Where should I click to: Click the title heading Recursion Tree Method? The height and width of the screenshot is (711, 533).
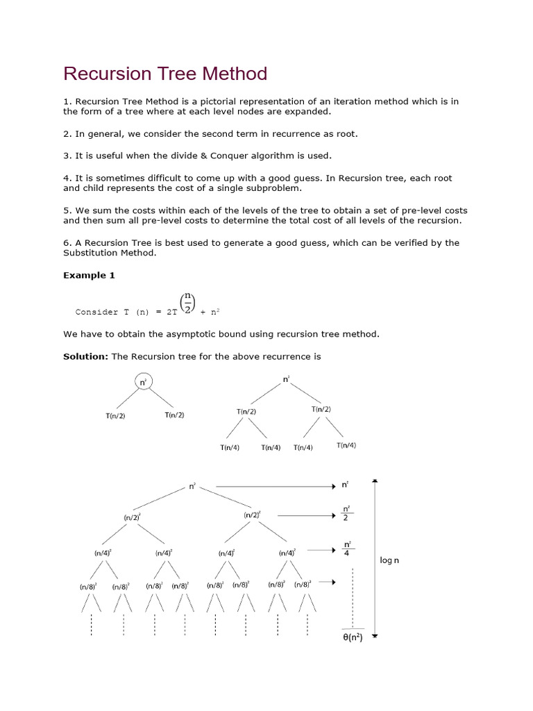[x=165, y=74]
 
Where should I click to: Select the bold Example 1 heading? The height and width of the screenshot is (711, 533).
[x=89, y=275]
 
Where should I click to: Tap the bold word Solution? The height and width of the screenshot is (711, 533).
[x=85, y=356]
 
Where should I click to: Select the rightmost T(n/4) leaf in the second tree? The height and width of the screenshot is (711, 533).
[x=346, y=446]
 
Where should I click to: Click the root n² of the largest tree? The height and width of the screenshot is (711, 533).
[x=192, y=487]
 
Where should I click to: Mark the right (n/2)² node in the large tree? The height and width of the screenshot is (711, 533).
[x=251, y=515]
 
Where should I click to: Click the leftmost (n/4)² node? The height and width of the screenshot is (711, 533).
[x=104, y=553]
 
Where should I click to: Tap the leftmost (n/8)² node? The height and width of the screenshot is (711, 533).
[x=88, y=586]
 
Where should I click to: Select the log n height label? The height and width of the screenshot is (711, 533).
[x=389, y=560]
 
